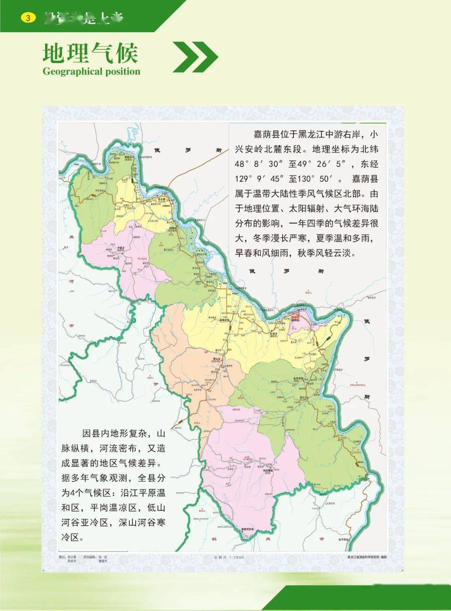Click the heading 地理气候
coord(90,53)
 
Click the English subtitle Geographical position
coord(91,72)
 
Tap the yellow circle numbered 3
coord(28,18)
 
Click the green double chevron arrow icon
coord(195,57)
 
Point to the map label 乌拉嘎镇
coord(268,470)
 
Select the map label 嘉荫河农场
coord(247,529)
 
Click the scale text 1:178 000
coord(235,557)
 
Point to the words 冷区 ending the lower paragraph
coord(70,537)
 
